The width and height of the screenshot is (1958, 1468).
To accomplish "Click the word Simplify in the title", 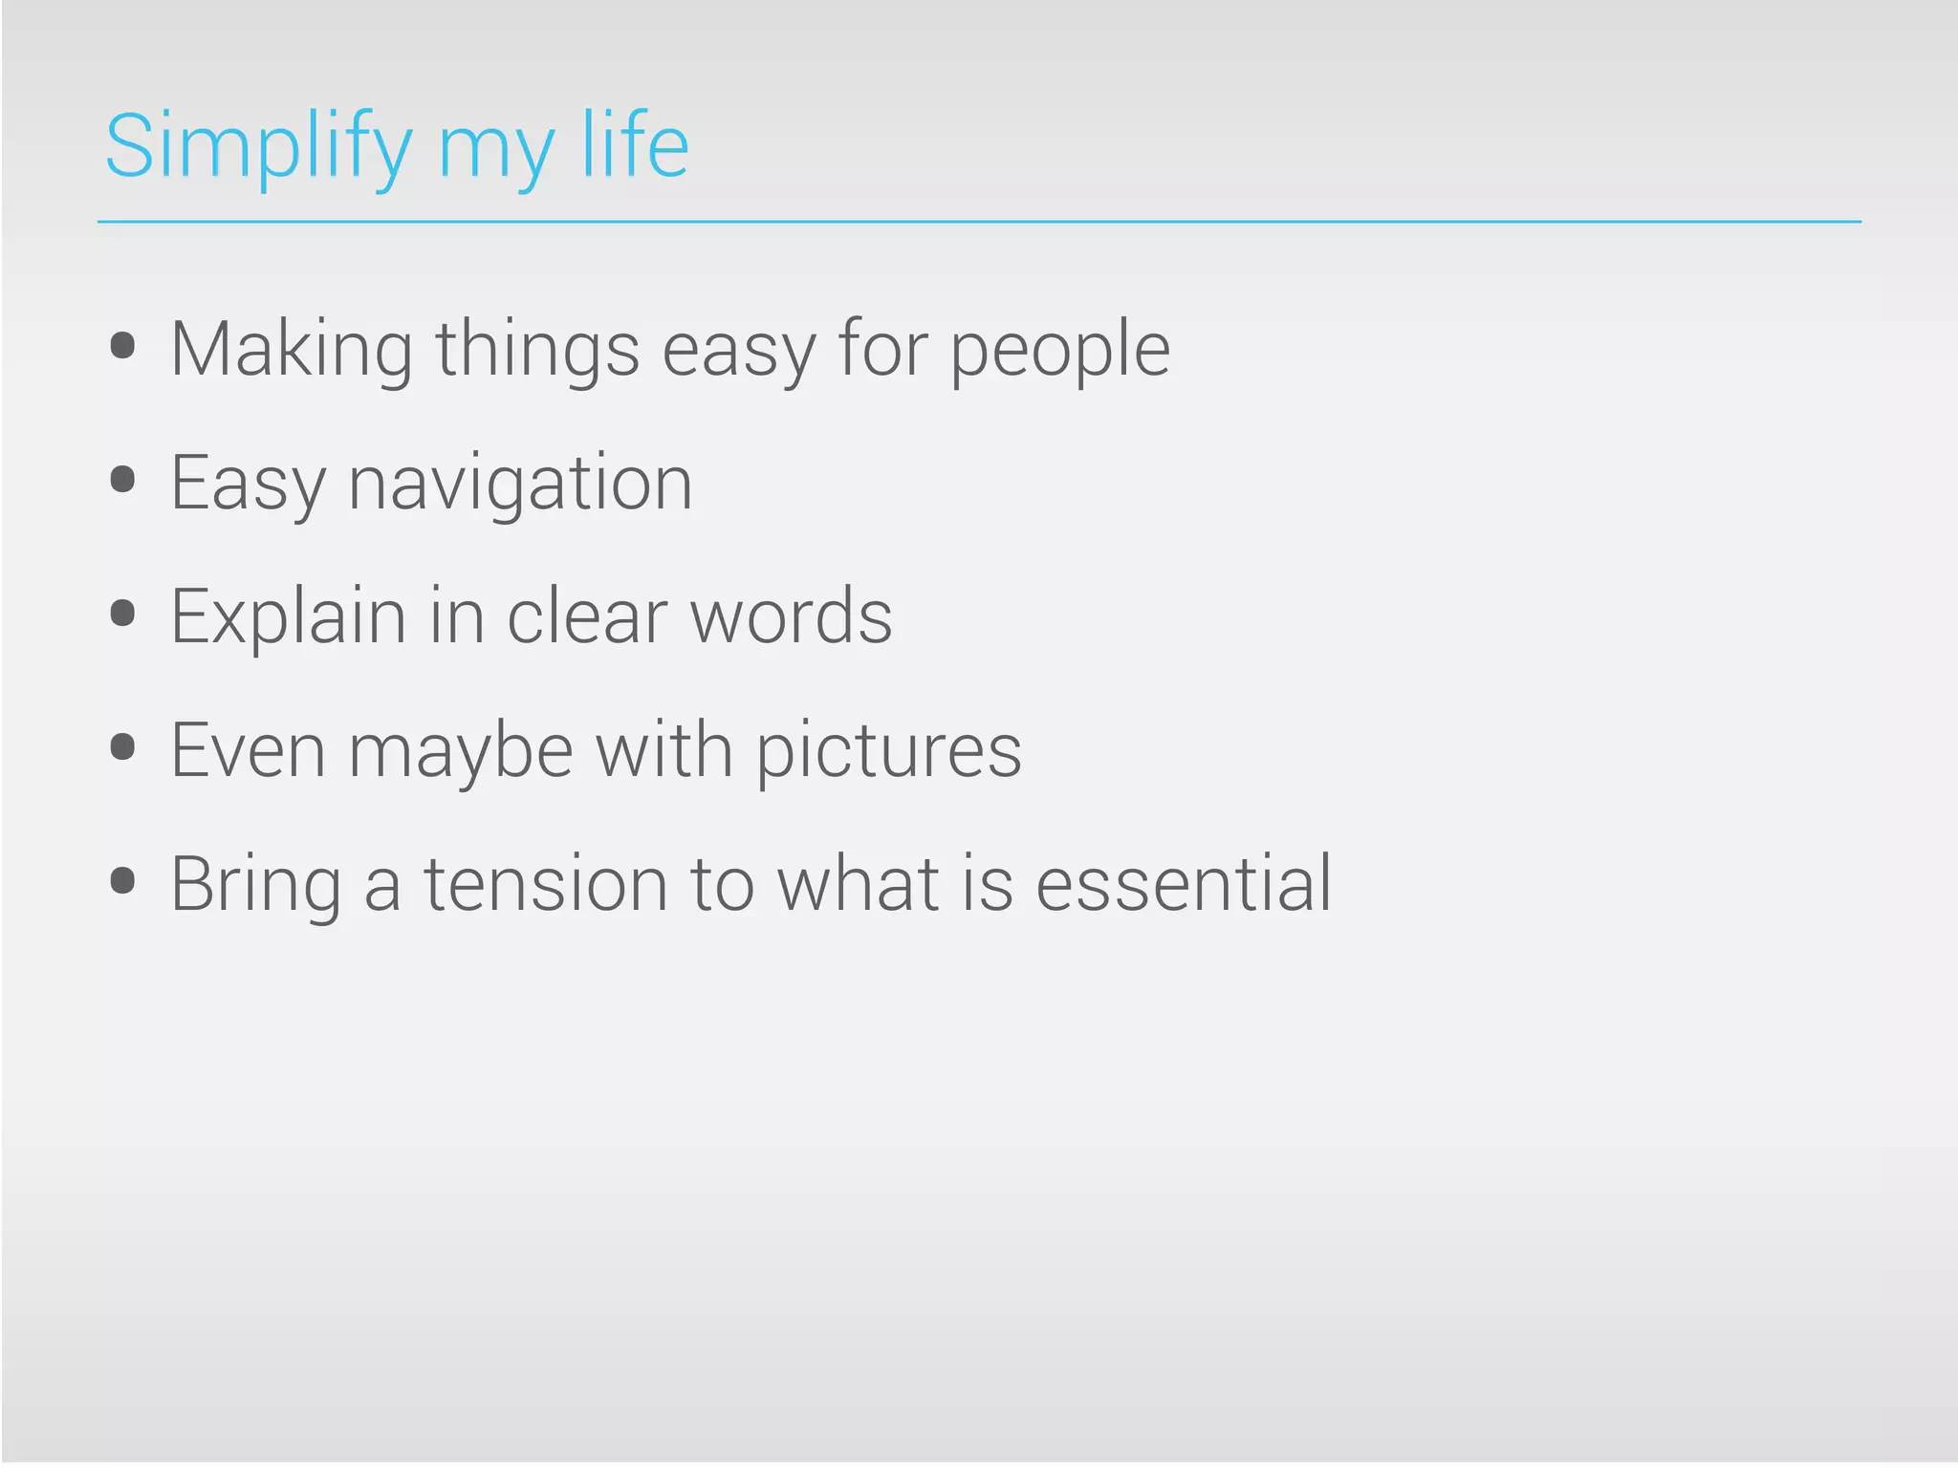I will [258, 147].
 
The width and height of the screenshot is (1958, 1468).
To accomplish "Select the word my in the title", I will [494, 153].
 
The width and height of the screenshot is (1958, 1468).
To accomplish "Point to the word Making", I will [292, 350].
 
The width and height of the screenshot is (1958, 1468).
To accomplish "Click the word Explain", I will [288, 617].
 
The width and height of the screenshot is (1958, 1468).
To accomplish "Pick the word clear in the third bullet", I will [586, 617].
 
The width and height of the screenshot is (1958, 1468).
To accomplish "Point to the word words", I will [791, 617].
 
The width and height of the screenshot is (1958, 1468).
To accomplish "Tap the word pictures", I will [888, 752].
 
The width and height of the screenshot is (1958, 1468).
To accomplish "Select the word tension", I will [545, 884].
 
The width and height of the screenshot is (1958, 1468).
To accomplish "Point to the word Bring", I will [255, 886].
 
